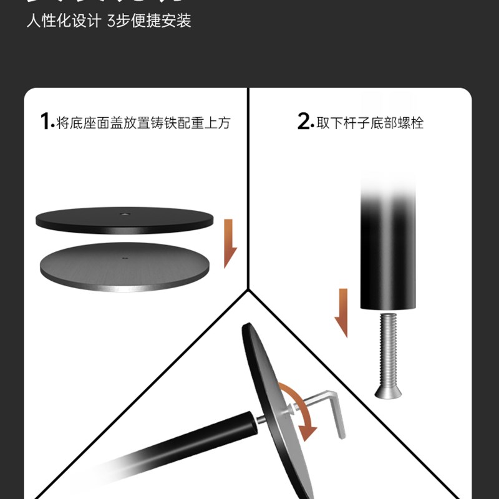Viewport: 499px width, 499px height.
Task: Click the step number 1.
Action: point(45,122)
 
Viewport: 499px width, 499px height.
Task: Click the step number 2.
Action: point(304,122)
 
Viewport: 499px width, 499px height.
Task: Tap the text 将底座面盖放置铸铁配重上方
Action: point(143,122)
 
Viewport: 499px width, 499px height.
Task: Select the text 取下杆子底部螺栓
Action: point(370,122)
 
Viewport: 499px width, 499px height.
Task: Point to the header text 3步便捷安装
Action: point(149,21)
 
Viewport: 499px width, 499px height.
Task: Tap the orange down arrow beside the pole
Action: point(341,312)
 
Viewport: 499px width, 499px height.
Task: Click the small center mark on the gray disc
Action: point(125,256)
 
